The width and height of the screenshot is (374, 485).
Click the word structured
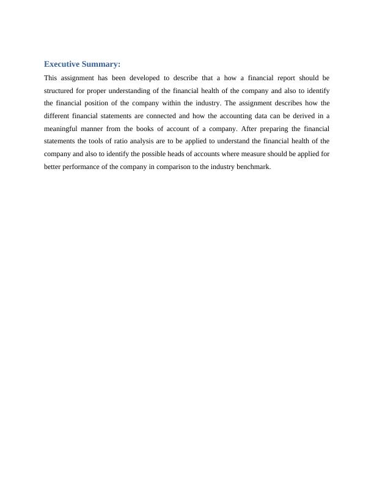point(60,91)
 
